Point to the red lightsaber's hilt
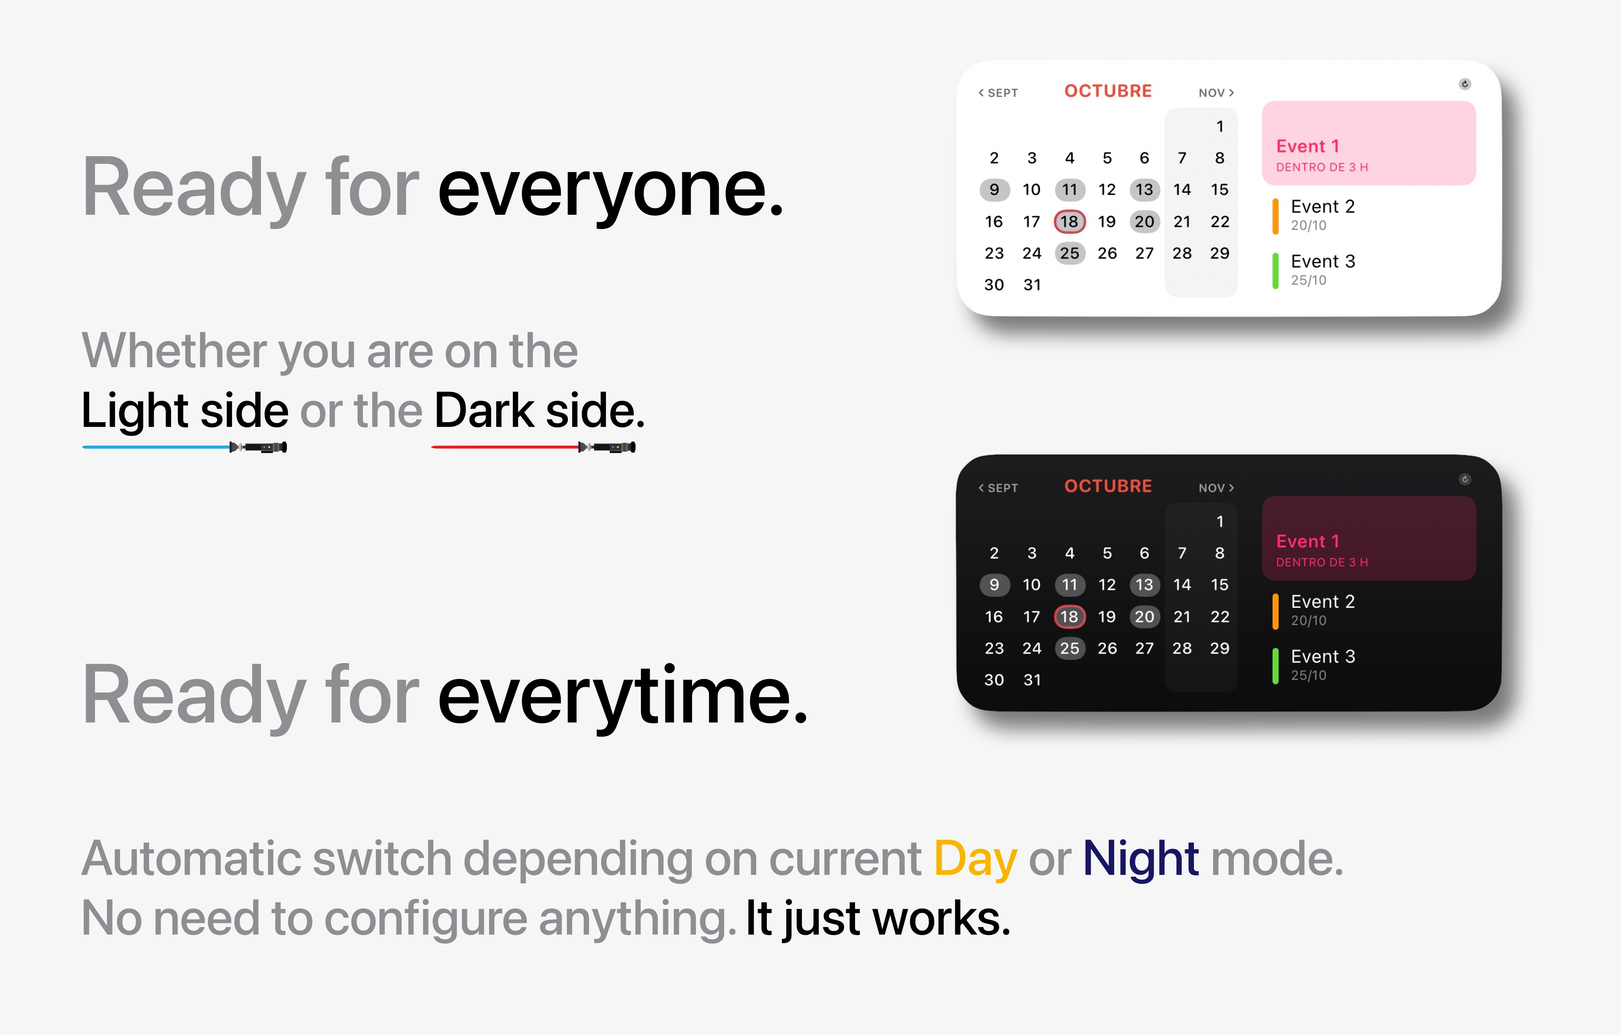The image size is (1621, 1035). coord(607,447)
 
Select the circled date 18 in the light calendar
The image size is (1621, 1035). coord(1069,222)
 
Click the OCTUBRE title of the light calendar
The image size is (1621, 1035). coord(1108,91)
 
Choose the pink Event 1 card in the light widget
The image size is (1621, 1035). coord(1369,143)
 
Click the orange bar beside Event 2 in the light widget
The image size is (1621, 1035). coord(1275,216)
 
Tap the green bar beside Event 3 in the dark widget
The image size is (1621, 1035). coord(1275,665)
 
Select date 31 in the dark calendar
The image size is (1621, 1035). coord(1032,680)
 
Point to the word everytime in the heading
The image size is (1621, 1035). coord(623,696)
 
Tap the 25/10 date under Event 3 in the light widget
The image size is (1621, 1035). coord(1308,280)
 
